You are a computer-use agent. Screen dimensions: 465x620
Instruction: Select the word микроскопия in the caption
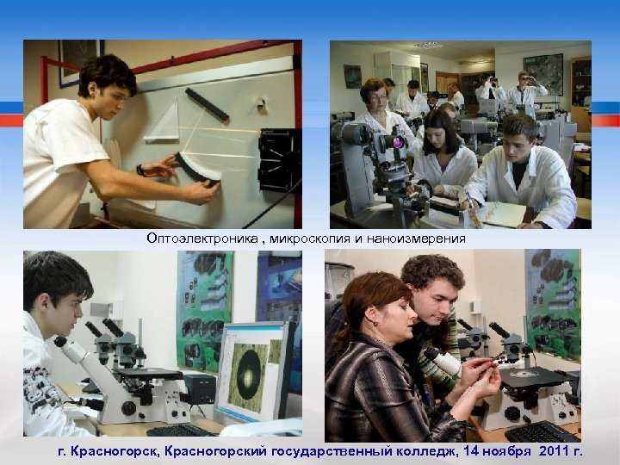coord(294,239)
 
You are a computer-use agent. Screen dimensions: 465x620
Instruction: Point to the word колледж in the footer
coord(394,449)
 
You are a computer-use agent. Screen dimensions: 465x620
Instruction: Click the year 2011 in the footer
coord(542,449)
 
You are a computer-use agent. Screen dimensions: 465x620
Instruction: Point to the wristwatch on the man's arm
coord(139,170)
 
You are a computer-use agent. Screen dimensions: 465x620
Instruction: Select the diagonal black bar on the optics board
coord(208,104)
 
